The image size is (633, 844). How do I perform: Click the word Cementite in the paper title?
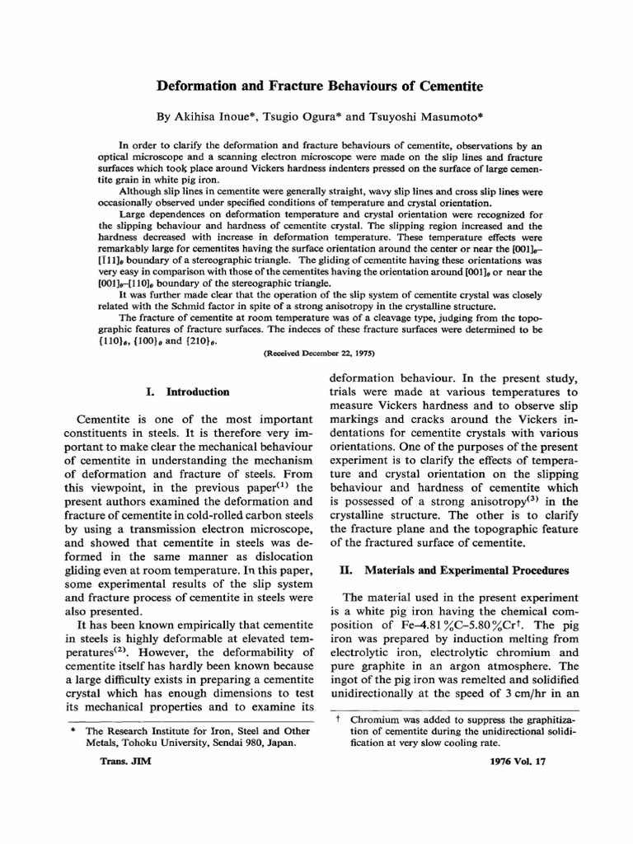point(442,85)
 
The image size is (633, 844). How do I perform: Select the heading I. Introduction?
point(192,392)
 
